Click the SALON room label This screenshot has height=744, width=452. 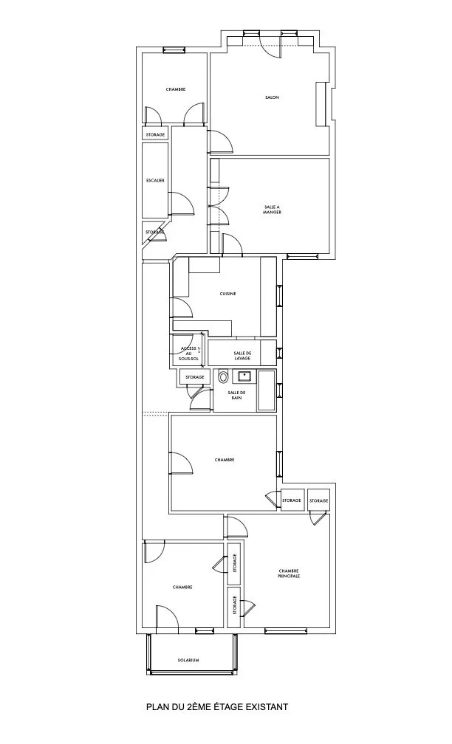coord(272,97)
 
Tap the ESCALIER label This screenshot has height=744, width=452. coord(155,180)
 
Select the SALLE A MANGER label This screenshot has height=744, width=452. coord(272,209)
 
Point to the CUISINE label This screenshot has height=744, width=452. coord(227,294)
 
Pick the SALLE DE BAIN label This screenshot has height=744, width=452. coord(236,395)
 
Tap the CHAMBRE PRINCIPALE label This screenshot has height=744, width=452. coord(289,573)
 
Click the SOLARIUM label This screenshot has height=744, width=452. coord(188,660)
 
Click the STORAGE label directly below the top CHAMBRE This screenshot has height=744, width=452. coord(155,134)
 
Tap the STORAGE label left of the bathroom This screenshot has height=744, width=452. coord(194,377)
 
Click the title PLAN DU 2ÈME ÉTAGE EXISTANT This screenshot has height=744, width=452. coord(216,707)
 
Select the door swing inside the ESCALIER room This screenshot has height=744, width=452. coord(181,202)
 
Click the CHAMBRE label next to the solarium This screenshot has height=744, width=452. coord(182,588)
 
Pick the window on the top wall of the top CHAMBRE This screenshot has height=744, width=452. coord(174,51)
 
